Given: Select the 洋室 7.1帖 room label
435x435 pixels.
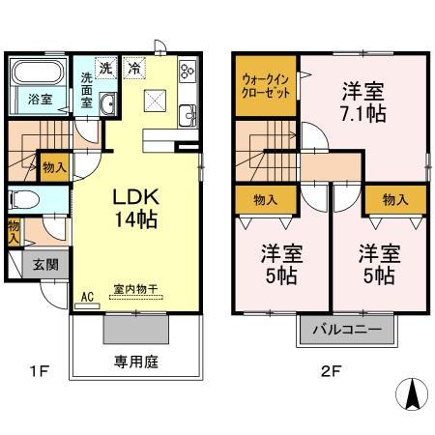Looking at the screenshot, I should (x=362, y=102).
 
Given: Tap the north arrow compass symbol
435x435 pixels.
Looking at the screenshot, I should (x=410, y=392).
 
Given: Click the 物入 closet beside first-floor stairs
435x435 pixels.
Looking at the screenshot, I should (x=54, y=167).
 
